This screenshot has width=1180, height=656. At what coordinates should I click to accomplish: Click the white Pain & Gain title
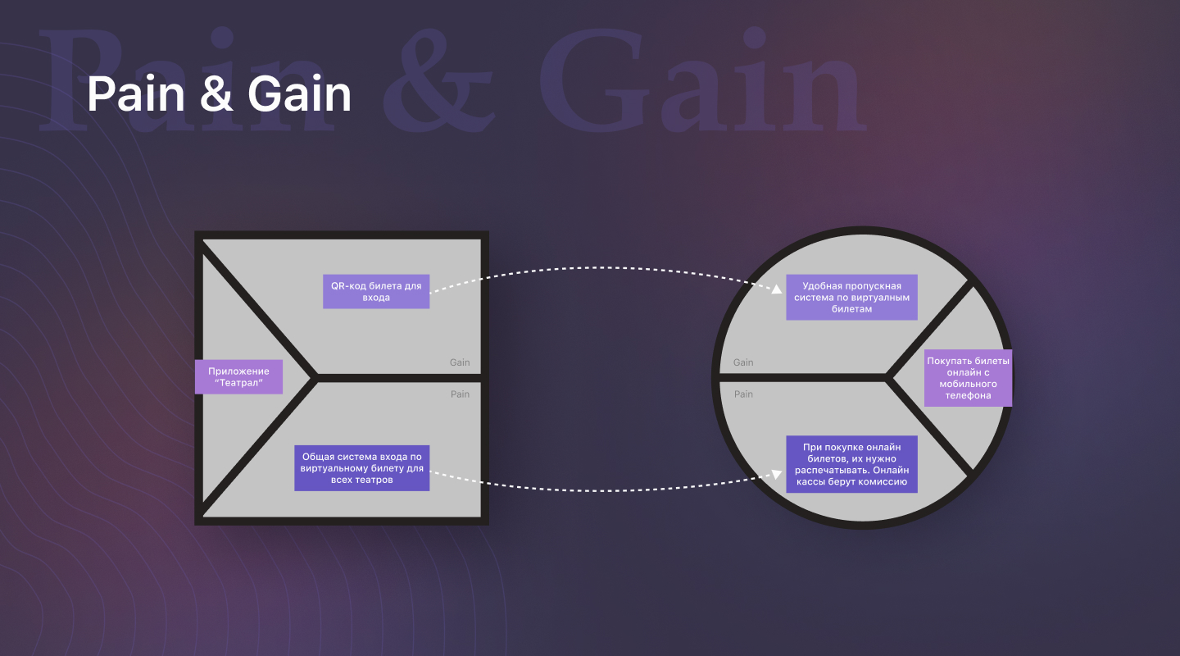coord(219,94)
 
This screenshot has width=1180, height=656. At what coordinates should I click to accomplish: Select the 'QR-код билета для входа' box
coord(376,291)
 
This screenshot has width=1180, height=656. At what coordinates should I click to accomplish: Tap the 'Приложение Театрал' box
coord(238,376)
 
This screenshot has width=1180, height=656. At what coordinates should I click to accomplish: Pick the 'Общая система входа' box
coord(361,468)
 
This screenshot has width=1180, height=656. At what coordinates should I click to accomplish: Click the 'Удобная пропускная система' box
coord(851,297)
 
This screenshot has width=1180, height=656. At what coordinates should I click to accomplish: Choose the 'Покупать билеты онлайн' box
coord(968,377)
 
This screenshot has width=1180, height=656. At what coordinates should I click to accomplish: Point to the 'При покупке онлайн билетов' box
coord(851,464)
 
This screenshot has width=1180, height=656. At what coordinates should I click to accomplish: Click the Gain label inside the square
coord(460,362)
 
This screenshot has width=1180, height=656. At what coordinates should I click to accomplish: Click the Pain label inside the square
coord(460,394)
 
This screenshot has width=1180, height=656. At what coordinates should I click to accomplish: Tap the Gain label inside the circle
coord(743,362)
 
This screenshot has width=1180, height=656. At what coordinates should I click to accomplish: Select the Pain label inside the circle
coord(743,394)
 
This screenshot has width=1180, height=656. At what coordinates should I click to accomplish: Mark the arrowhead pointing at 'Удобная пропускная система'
coord(776,289)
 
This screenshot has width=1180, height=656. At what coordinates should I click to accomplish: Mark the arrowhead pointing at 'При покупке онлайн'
coord(776,473)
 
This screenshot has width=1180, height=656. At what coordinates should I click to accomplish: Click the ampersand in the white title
coord(216,94)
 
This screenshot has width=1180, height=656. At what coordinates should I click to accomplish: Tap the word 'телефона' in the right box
coord(968,395)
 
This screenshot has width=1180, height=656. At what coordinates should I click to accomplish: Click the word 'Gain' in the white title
coord(300,94)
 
